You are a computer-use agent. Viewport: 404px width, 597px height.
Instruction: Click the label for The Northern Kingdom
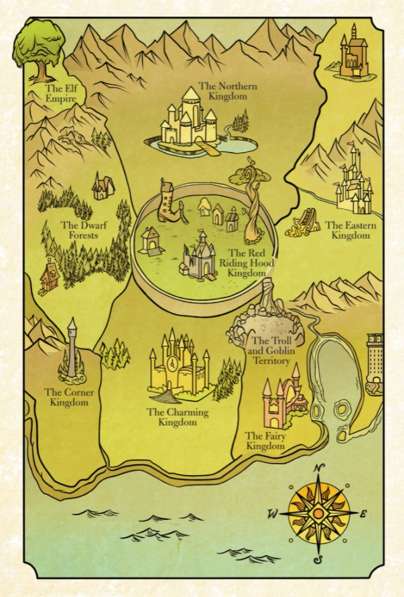click(223, 91)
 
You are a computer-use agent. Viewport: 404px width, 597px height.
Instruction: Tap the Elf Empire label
click(60, 93)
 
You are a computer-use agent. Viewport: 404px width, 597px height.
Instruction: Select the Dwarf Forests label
click(79, 230)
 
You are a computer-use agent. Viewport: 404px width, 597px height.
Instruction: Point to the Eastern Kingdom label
click(350, 230)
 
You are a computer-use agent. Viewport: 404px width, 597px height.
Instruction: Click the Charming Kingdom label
click(178, 417)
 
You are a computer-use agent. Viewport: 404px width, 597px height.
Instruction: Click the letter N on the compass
click(320, 468)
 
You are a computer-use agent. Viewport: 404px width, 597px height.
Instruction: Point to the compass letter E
click(363, 515)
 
